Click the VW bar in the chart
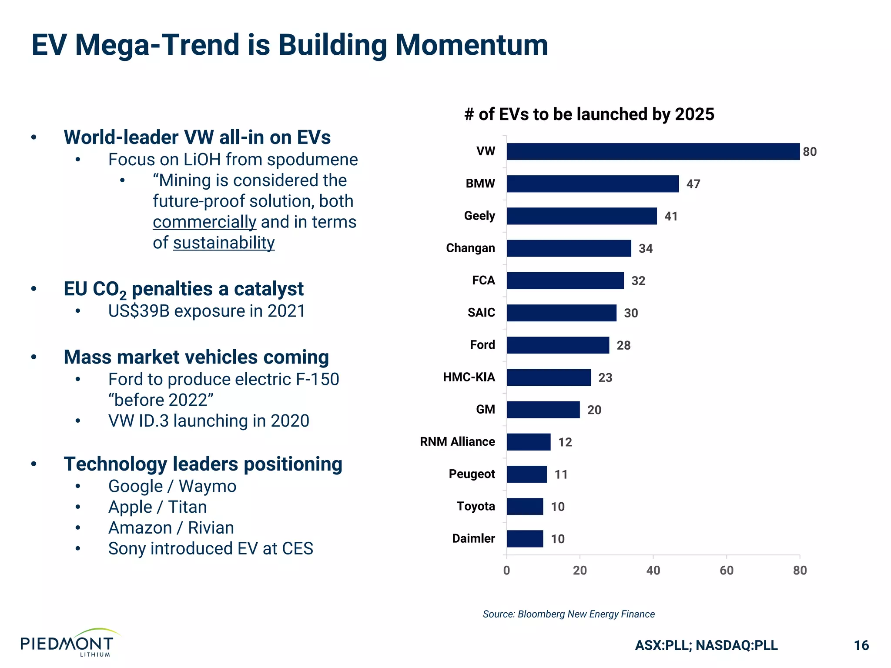point(653,151)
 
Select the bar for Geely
point(581,216)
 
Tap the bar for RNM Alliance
point(528,442)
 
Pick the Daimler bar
point(525,539)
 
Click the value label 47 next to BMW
point(693,184)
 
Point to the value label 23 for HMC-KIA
point(605,377)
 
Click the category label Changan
point(470,248)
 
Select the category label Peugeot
point(472,474)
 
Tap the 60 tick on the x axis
point(726,571)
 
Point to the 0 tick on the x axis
point(506,571)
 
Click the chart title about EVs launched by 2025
point(589,114)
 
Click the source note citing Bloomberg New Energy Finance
point(568,614)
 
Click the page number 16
point(861,645)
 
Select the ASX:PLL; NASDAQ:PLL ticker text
point(706,645)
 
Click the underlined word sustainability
point(224,243)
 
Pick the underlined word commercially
point(204,222)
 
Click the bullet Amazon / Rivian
point(171,528)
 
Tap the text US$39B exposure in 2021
point(207,311)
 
